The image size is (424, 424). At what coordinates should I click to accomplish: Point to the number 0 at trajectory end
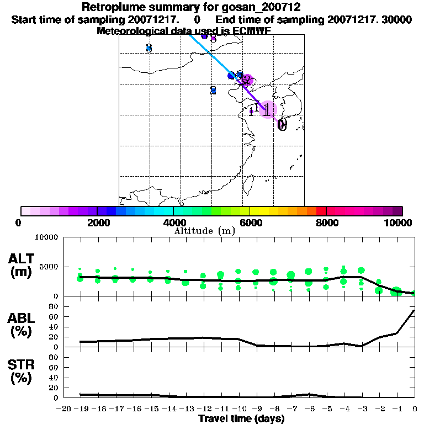click(282, 125)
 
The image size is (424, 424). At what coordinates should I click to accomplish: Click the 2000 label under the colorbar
click(97, 222)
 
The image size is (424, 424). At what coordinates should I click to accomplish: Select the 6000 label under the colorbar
click(250, 222)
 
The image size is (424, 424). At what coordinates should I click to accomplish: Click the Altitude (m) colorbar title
click(204, 231)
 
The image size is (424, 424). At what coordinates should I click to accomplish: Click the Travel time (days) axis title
click(241, 418)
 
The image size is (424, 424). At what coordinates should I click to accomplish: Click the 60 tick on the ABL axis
click(54, 316)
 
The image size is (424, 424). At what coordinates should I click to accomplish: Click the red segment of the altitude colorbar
click(321, 211)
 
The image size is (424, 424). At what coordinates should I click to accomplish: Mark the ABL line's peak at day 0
click(414, 310)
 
